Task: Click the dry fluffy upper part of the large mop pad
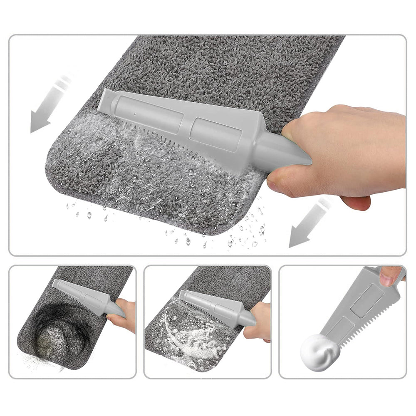pos(233,71)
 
